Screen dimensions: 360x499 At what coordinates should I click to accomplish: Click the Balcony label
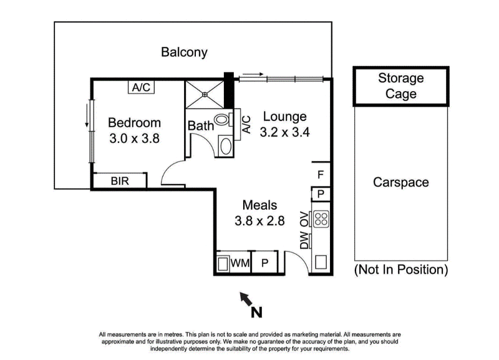[184, 52]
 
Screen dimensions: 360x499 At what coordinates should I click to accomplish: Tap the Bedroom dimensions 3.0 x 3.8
[134, 139]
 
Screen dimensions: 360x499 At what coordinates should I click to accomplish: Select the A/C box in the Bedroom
[142, 88]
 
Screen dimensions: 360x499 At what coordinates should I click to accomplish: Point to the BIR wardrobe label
[120, 182]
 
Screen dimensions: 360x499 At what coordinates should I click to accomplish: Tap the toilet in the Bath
[223, 120]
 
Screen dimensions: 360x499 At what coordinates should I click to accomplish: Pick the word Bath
[200, 126]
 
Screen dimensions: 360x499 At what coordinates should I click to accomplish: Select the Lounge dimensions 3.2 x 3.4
[284, 132]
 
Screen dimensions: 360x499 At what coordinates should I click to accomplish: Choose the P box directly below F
[321, 194]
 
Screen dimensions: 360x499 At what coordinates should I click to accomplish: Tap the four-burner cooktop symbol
[321, 218]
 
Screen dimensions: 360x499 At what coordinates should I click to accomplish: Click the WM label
[240, 264]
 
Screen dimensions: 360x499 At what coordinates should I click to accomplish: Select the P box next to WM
[264, 263]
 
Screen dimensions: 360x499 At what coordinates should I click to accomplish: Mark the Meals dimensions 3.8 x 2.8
[259, 220]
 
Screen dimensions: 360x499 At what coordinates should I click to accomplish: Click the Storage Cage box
[400, 86]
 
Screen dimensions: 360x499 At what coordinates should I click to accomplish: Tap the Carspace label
[400, 182]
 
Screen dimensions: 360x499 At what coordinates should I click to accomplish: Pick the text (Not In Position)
[400, 270]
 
